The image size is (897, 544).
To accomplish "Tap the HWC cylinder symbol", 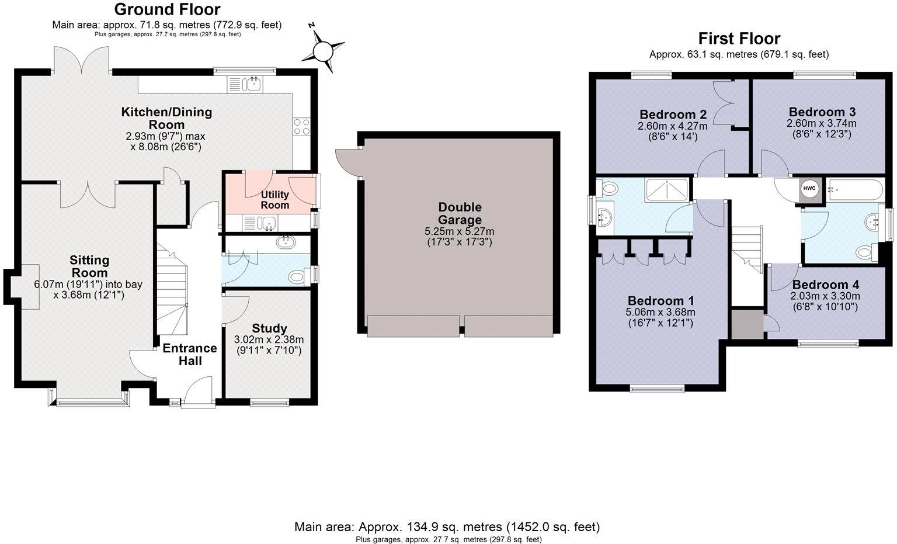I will [x=809, y=189].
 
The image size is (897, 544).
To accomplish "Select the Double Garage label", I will [x=460, y=213].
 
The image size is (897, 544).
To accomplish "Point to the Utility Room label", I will [x=274, y=200].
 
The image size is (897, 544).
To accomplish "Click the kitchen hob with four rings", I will [x=302, y=126].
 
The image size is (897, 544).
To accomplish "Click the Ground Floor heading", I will [x=167, y=9].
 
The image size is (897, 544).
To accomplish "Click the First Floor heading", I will [x=739, y=39].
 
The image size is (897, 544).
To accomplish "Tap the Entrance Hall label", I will [x=190, y=355].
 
